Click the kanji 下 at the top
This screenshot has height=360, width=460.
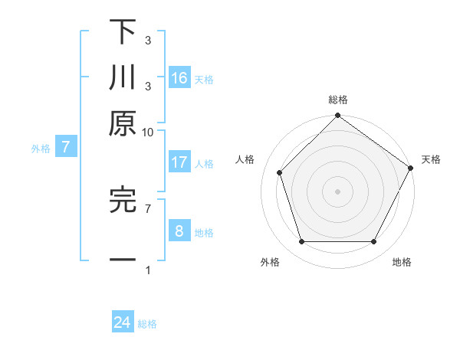123,34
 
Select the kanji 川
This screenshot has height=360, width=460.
123,78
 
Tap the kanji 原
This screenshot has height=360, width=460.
123,123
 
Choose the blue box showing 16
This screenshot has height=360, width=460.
179,77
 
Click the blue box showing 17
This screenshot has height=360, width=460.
179,162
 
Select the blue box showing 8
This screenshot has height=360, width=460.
179,231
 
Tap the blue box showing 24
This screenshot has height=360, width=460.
123,323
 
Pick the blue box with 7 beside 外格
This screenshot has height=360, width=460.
66,147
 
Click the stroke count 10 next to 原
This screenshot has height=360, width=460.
148,133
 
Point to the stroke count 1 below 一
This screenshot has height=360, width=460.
148,271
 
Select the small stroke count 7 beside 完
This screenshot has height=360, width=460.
148,208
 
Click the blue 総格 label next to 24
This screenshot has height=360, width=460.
147,324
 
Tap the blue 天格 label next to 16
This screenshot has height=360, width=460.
204,79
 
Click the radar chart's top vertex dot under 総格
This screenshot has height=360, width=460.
337,117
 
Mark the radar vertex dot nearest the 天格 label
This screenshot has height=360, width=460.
410,168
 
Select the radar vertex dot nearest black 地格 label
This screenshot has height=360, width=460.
373,242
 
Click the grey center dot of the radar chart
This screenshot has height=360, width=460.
337,191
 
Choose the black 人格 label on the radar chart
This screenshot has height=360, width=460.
245,159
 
